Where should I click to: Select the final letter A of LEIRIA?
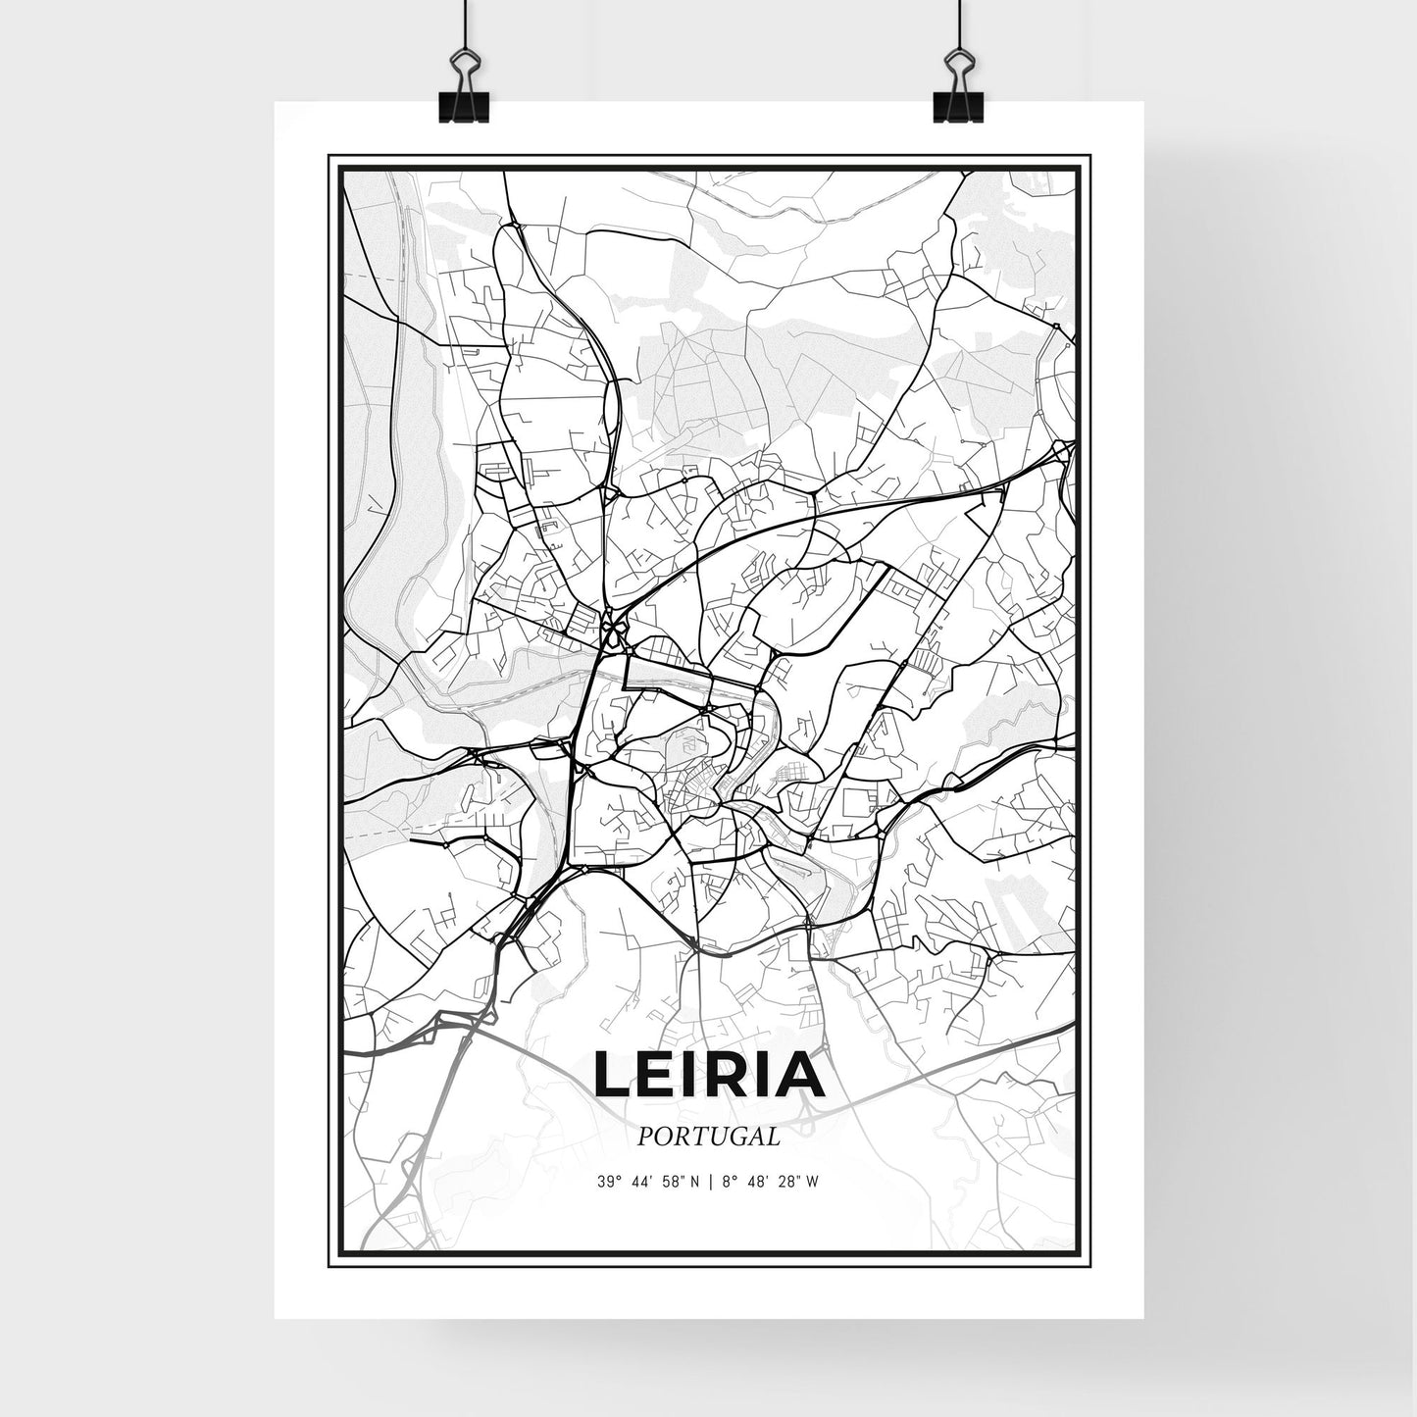800,1076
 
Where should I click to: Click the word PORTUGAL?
708,1137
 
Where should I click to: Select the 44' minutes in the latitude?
639,1182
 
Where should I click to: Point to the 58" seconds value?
672,1182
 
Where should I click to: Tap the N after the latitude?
695,1182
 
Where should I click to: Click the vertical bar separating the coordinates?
709,1182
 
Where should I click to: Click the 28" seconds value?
786,1182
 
